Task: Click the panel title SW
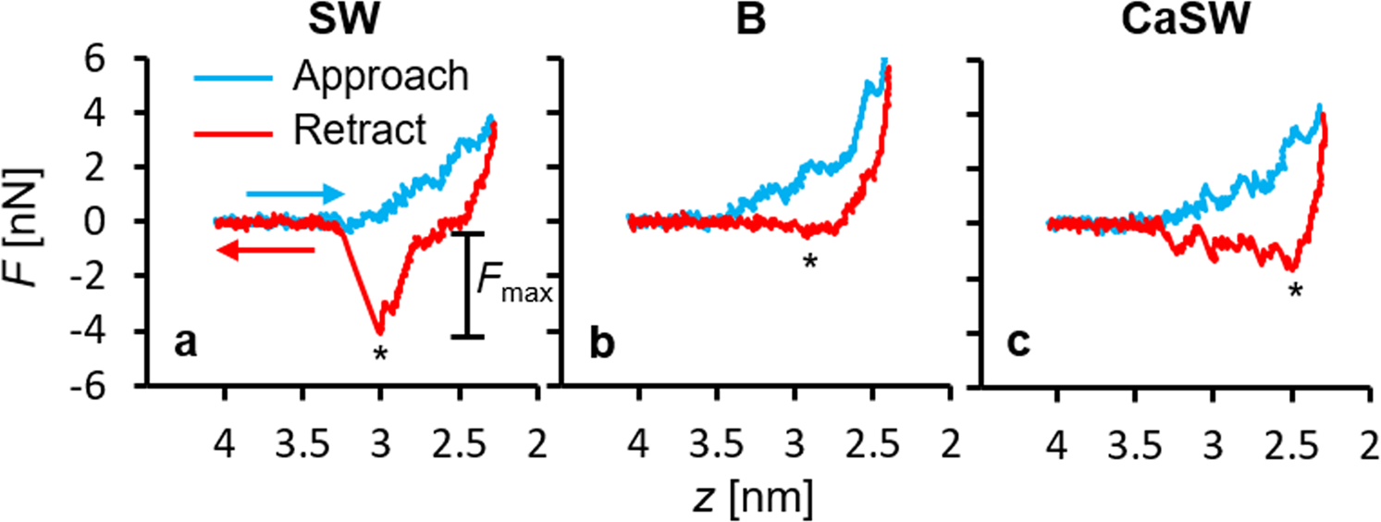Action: coord(341,20)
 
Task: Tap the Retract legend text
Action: coord(360,131)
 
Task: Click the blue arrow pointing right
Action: coord(295,194)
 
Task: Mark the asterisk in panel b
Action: coord(809,262)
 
